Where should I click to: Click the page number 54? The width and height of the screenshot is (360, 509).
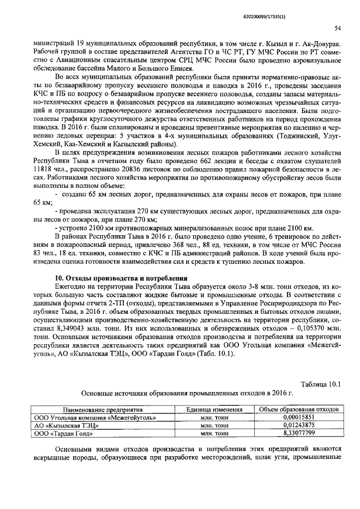[x=337, y=28]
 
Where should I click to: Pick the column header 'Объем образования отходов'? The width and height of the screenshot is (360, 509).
[x=298, y=411]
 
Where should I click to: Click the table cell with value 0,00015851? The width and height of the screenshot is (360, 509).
[x=298, y=418]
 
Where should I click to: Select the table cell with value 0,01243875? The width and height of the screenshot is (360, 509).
[x=298, y=426]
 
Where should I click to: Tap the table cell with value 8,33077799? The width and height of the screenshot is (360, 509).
[x=298, y=434]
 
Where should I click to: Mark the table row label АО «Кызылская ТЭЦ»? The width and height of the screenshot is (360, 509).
[x=65, y=426]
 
